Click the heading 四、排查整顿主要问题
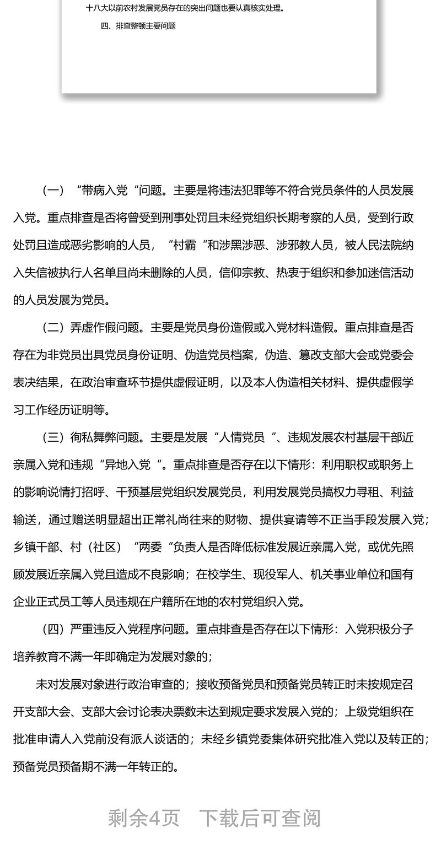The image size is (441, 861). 138,26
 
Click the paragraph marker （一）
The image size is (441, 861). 53,191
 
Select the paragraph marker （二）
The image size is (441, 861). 53,328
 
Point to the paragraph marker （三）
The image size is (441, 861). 53,438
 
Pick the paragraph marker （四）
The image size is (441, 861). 53,629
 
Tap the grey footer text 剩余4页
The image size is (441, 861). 144,818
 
